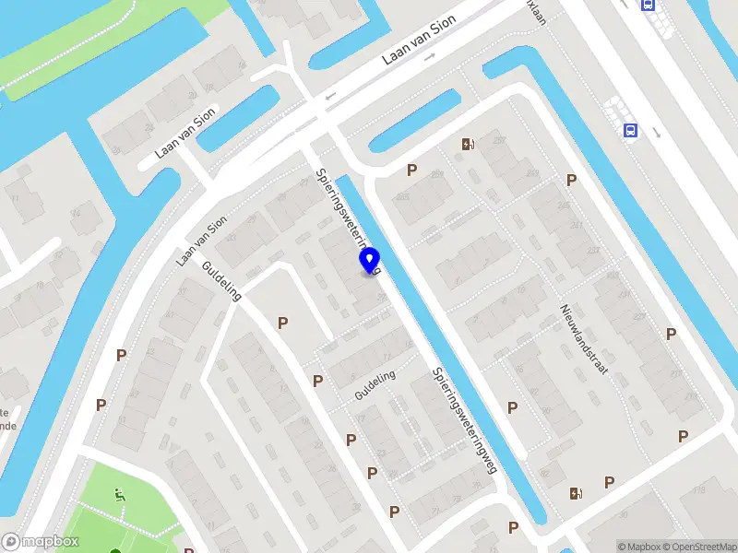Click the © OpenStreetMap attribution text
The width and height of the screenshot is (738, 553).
pos(698,547)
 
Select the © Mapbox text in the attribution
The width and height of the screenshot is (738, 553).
pos(639,547)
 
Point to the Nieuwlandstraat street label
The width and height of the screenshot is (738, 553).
pos(583,338)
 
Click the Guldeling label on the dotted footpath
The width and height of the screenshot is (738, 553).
pos(375,385)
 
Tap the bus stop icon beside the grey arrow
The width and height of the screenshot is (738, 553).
pos(631,131)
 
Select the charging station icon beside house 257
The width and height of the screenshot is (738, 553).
pos(468,144)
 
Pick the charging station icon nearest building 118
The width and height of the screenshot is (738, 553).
pos(577,494)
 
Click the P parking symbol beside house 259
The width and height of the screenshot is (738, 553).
pos(411,170)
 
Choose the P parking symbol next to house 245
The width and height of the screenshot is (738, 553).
pos(572,181)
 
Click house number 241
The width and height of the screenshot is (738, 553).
pos(577,224)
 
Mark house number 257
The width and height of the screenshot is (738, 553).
pos(500,140)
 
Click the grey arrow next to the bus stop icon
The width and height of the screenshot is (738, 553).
pos(656,132)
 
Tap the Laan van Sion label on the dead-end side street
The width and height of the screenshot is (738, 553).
pos(184,132)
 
